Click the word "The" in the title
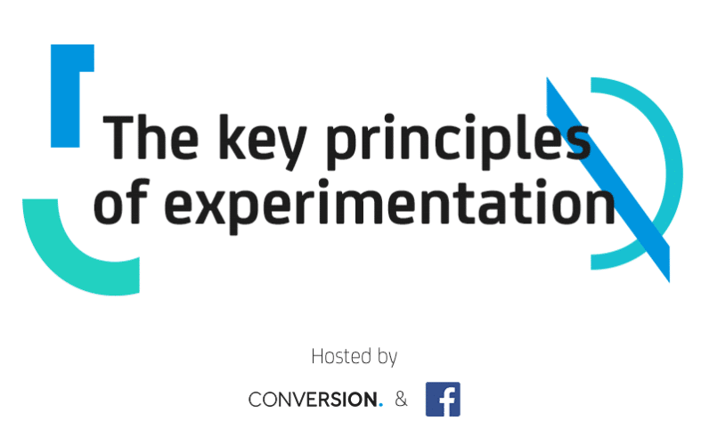pos(151,137)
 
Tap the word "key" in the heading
pos(263,142)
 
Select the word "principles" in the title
pos(458,142)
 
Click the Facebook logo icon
pos(443,399)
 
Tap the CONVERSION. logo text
pos(315,400)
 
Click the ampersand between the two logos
pos(401,399)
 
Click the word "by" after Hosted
pos(387,358)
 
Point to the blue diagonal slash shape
pos(608,180)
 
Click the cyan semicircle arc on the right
pos(673,174)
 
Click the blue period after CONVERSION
pos(381,405)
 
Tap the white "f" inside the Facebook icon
pos(447,401)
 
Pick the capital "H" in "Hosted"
pos(317,357)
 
